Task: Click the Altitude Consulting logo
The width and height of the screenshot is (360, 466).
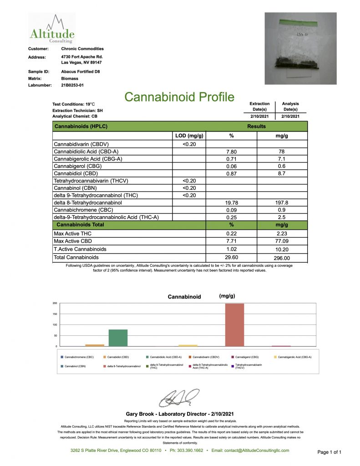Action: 51,29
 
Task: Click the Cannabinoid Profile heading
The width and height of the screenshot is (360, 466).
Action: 179,97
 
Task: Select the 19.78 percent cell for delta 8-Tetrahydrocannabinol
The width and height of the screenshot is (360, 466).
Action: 231,203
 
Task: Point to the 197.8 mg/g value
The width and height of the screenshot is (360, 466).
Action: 282,203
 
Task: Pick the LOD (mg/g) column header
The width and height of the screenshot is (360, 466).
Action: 189,136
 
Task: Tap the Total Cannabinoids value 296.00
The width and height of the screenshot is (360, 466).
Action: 282,257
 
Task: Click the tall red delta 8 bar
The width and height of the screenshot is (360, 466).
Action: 234,324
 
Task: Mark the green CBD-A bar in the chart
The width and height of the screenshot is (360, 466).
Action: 118,338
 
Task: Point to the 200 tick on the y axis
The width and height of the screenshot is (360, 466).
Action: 55,303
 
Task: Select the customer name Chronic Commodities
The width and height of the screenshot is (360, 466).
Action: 82,49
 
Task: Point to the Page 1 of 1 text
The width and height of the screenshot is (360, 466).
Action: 329,452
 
